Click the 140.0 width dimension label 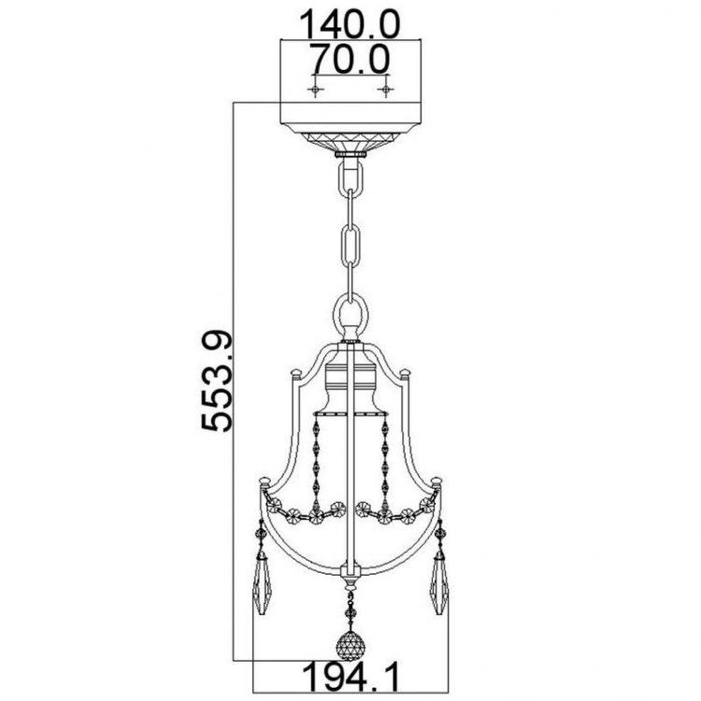pos(350,24)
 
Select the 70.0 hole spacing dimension pos(350,59)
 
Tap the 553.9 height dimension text pos(217,381)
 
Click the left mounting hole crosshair pos(316,91)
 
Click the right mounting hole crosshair pos(385,91)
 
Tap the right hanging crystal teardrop pos(440,586)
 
